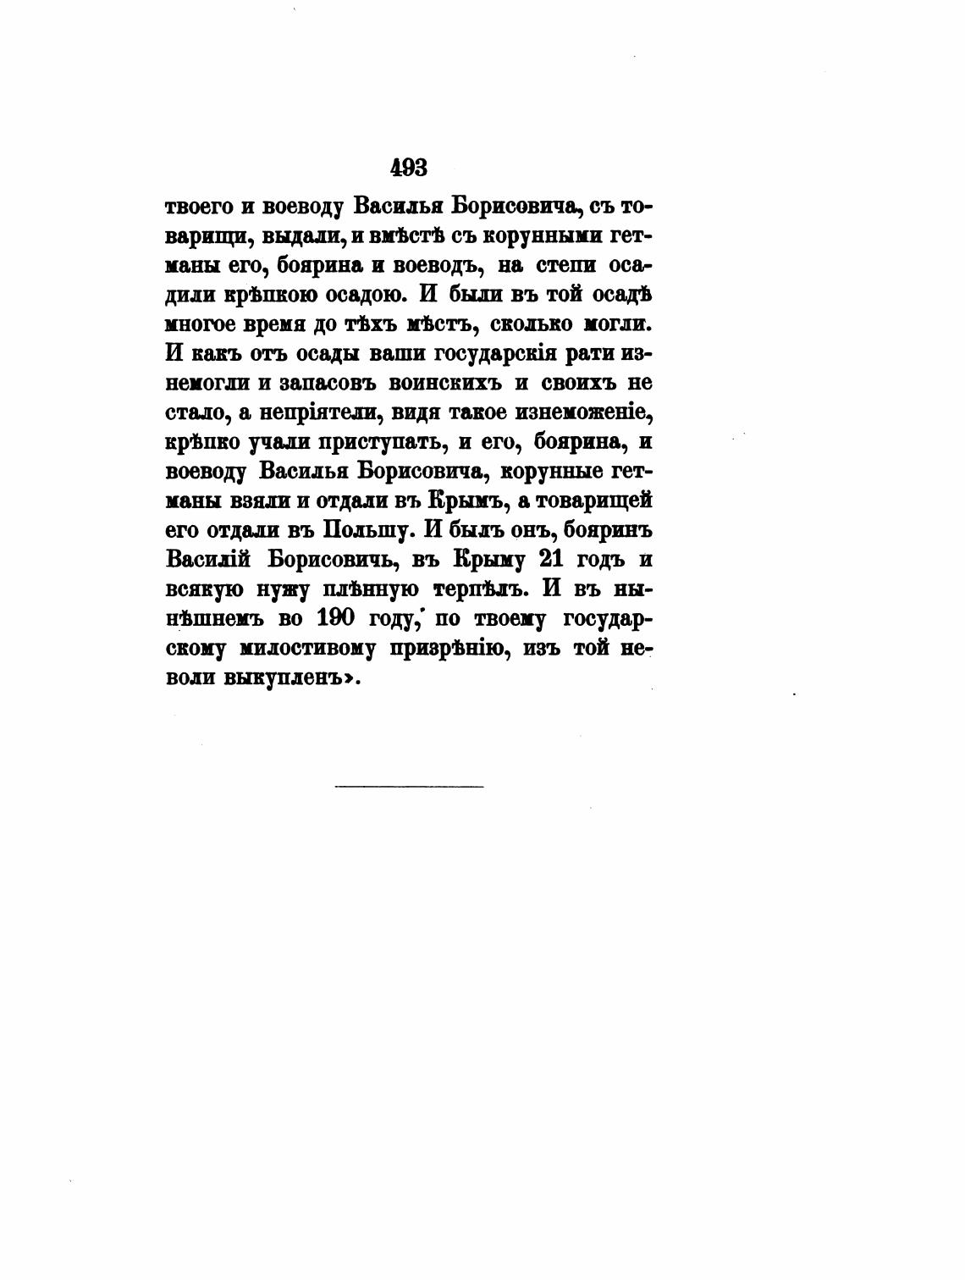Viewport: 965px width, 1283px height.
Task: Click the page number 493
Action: point(409,168)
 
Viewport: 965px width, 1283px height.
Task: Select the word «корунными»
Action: point(507,236)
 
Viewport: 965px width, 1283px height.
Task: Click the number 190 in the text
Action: point(335,618)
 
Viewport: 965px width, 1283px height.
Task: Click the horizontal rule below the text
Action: point(409,787)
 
